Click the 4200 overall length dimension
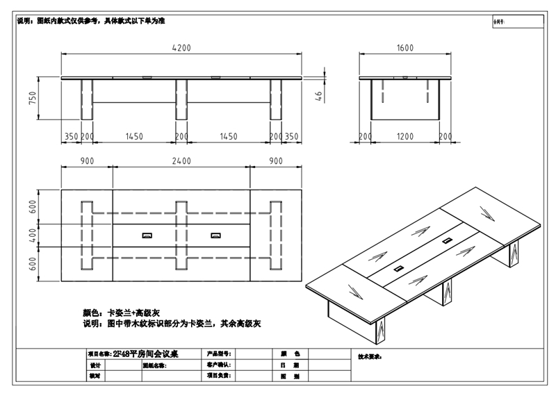click(x=182, y=48)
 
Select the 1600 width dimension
click(x=405, y=48)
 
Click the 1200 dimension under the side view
click(x=405, y=137)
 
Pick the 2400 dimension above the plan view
click(x=181, y=161)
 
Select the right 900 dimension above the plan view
click(x=275, y=161)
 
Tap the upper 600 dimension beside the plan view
click(x=32, y=206)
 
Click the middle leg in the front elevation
click(x=181, y=100)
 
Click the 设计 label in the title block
click(x=95, y=365)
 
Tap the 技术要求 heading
click(x=370, y=356)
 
